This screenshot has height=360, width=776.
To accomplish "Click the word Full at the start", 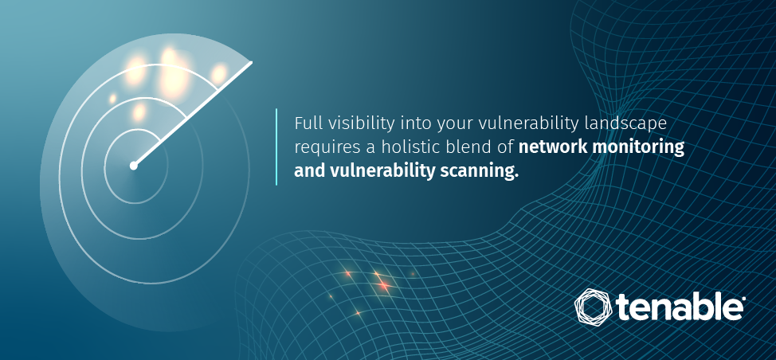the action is tap(304, 123).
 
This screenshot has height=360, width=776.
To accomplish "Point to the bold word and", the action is tap(309, 171).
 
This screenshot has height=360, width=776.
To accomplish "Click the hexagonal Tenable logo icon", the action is tap(594, 306).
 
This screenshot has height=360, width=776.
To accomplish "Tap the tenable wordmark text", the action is tap(680, 307).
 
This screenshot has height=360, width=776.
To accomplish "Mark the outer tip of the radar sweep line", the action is tap(252, 62).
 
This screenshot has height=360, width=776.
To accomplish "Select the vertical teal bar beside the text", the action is tap(276, 147).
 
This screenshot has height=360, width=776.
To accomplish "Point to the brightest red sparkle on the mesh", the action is tap(382, 285).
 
